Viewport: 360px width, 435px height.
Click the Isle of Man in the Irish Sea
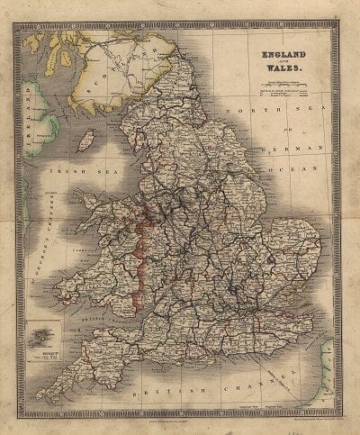(x=87, y=140)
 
